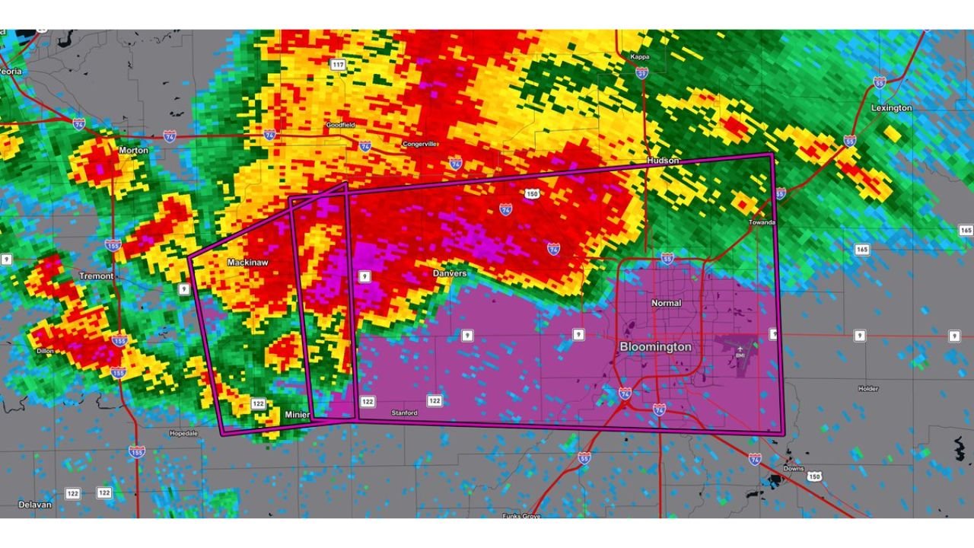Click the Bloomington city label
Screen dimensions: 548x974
[655, 346]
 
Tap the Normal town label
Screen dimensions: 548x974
[666, 303]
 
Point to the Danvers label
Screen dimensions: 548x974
[449, 272]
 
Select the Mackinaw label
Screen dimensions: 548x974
[248, 262]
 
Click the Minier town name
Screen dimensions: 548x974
[297, 414]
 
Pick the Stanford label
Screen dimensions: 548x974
[404, 413]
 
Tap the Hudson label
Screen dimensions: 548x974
[662, 161]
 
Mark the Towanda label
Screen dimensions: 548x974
[761, 222]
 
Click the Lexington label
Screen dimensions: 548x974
[891, 108]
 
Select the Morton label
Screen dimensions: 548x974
[133, 151]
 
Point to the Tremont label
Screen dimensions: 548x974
[96, 276]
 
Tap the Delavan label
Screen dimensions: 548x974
[33, 504]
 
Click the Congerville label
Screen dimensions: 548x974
[420, 144]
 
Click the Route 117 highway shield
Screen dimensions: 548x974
[339, 65]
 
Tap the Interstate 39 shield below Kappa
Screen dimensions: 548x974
[641, 72]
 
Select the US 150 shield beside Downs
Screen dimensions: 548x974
[815, 476]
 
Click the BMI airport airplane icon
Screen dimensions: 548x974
[739, 347]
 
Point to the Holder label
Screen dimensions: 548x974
[868, 389]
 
